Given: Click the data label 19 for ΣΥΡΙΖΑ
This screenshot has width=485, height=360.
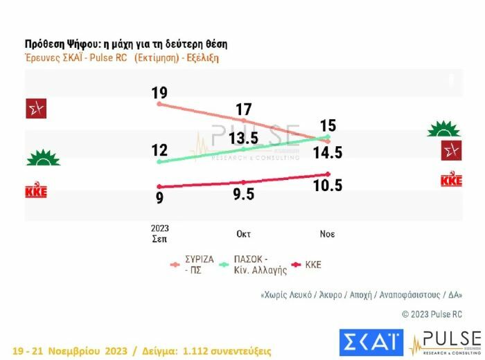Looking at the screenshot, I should coord(159,93).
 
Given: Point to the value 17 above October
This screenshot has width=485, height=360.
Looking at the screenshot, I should coord(243,109).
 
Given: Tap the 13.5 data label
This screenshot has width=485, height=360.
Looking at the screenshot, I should coord(243,138).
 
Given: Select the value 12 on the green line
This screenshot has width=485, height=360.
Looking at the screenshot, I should coord(159,150).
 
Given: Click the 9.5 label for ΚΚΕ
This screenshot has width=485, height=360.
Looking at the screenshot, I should coord(243,195).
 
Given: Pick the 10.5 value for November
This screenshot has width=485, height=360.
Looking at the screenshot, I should coord(328,186).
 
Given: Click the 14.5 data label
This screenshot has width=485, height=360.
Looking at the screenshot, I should coord(328,153).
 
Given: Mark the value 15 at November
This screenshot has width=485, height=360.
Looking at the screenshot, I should coord(328,126).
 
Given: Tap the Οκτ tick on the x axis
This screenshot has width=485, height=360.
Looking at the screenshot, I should coord(243,234).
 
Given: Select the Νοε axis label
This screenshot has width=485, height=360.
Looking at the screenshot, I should coord(328,234).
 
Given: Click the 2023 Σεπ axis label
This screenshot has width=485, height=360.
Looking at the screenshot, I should coord(159,233).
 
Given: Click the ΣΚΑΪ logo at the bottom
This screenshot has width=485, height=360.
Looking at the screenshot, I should coord(371,342).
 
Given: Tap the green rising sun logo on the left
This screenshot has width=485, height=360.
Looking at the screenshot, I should coord(43,159).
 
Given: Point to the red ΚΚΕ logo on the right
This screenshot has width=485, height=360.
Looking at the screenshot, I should coord(451,180).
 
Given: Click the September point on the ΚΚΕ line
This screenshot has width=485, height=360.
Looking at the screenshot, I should coord(159,186).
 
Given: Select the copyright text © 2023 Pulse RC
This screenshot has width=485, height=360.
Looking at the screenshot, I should coord(432,314).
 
